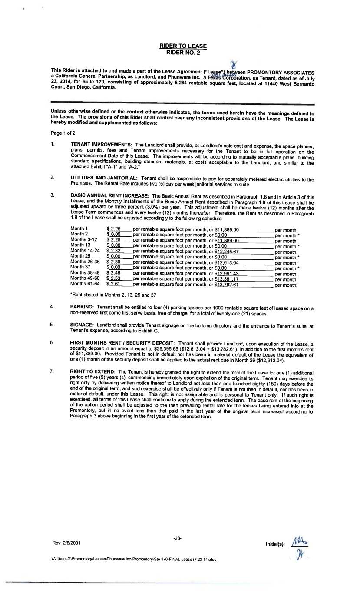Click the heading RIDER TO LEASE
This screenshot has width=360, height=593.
coord(183,46)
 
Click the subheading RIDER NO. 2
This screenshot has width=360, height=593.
coord(183,52)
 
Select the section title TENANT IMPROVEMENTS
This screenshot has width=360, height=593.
coord(102,144)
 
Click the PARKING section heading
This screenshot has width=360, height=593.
coord(83,307)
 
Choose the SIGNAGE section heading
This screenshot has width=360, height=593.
coord(83,324)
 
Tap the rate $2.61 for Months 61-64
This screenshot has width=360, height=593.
coord(114,285)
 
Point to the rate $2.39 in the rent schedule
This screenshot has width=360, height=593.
coord(114,262)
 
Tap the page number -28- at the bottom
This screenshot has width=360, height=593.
coord(177,538)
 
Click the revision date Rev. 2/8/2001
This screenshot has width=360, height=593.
coord(66,543)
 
